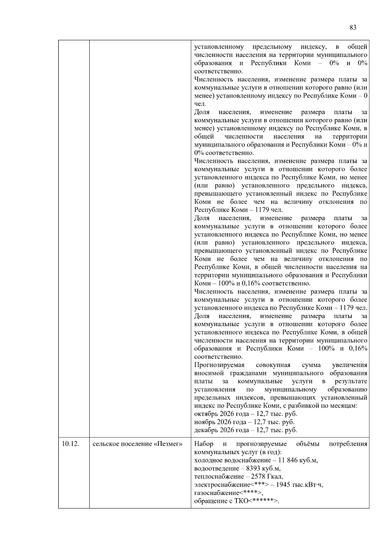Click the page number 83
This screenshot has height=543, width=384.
[x=353, y=28]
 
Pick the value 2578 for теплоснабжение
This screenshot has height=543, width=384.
[x=261, y=477]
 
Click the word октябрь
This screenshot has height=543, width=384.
[x=205, y=414]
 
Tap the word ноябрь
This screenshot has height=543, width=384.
[x=204, y=422]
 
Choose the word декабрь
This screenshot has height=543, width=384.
[x=206, y=430]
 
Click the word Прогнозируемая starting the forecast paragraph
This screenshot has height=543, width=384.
[x=219, y=365]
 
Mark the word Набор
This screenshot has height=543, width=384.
[x=204, y=444]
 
